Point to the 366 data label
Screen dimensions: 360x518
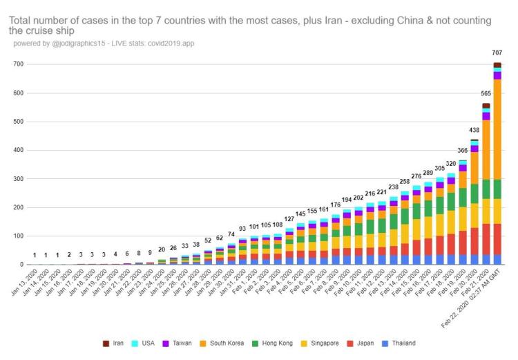click(463, 151)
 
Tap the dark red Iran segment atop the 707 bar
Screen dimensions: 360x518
click(497, 65)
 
